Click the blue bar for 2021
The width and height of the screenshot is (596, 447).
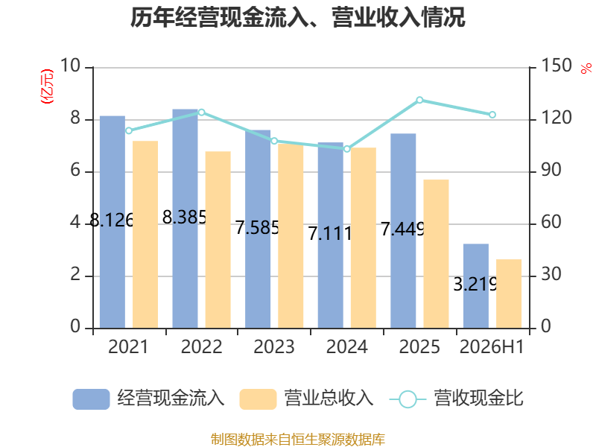pyautogui.click(x=112, y=222)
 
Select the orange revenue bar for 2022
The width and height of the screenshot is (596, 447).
pyautogui.click(x=218, y=240)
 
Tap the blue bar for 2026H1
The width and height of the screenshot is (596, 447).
pyautogui.click(x=476, y=286)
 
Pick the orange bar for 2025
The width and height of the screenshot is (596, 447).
pyautogui.click(x=436, y=254)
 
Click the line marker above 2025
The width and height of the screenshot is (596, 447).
pyautogui.click(x=419, y=100)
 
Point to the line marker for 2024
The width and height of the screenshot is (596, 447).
pyautogui.click(x=346, y=149)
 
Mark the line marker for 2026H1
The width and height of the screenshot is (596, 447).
pyautogui.click(x=492, y=115)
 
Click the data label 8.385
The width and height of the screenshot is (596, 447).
pyautogui.click(x=184, y=218)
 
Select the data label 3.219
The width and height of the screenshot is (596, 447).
pyautogui.click(x=475, y=284)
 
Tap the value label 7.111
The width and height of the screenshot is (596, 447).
pyautogui.click(x=330, y=233)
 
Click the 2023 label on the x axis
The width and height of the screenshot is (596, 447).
pyautogui.click(x=274, y=346)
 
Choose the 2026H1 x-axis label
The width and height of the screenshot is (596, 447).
pyautogui.click(x=492, y=346)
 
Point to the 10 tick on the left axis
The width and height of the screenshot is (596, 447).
pyautogui.click(x=70, y=66)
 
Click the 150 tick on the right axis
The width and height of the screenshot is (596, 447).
pyautogui.click(x=556, y=66)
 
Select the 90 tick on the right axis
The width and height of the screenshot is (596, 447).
pyautogui.click(x=551, y=171)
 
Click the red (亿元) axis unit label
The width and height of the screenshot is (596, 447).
pyautogui.click(x=47, y=86)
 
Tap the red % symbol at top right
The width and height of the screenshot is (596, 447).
pyautogui.click(x=586, y=69)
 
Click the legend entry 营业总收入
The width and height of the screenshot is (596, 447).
pyautogui.click(x=307, y=399)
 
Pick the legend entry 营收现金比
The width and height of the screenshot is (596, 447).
pyautogui.click(x=457, y=399)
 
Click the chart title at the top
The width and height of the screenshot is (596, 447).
pyautogui.click(x=298, y=17)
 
